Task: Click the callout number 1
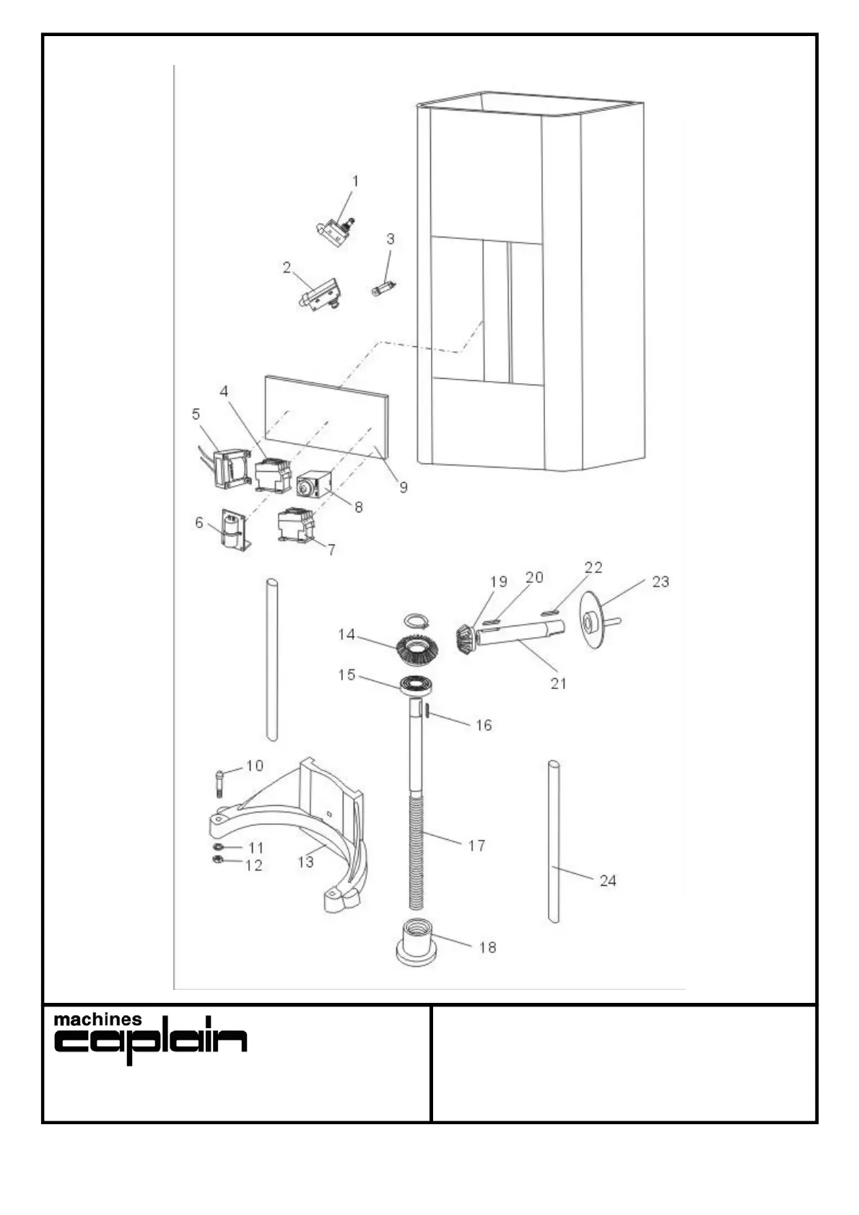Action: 354,180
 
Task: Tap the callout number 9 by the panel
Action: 404,487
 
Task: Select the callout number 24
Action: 608,880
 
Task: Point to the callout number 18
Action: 488,947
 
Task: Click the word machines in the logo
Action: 98,1020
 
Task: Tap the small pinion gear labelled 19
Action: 464,639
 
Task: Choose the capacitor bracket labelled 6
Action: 233,530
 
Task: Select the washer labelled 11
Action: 218,846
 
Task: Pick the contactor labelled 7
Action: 295,525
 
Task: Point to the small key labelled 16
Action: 427,712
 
